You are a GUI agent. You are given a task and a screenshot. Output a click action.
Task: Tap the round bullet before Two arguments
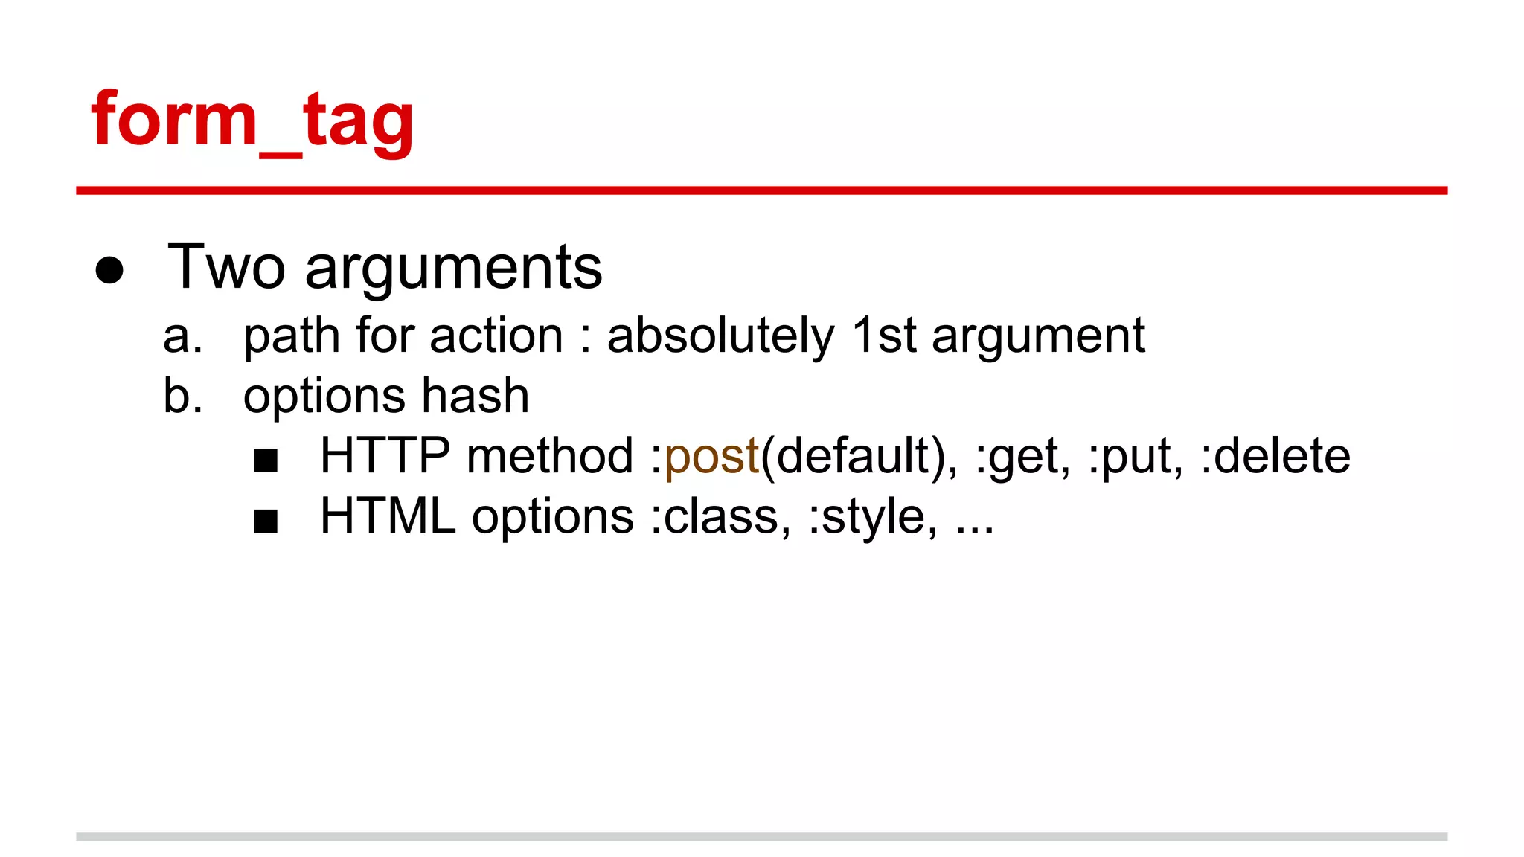pyautogui.click(x=109, y=270)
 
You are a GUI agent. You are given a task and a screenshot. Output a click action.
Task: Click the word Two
pyautogui.click(x=226, y=267)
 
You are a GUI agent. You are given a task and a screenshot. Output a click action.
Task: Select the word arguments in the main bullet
pyautogui.click(x=453, y=270)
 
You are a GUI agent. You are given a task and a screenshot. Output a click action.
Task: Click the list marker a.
pyautogui.click(x=182, y=336)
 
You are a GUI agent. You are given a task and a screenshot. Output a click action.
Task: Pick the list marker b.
pyautogui.click(x=182, y=396)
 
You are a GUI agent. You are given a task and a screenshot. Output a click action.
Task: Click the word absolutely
pyautogui.click(x=720, y=336)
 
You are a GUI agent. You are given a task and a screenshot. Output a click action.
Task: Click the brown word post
pyautogui.click(x=711, y=457)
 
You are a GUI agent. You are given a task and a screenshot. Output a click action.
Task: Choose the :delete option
pyautogui.click(x=1275, y=456)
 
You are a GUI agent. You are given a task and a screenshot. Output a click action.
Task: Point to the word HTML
pyautogui.click(x=388, y=516)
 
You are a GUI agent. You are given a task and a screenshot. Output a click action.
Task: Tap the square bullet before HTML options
pyautogui.click(x=266, y=521)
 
